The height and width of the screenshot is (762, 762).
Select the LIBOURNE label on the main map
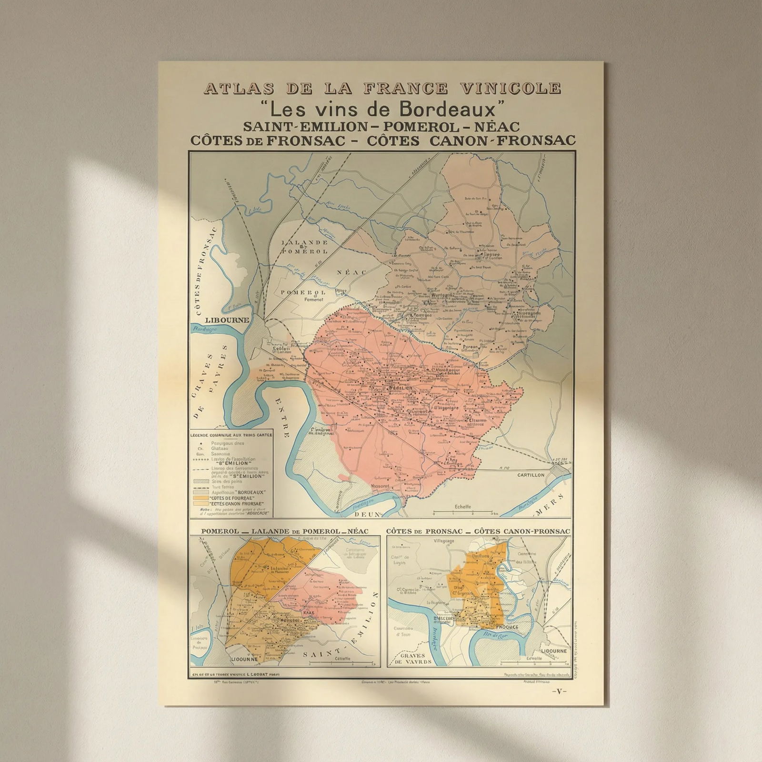227,320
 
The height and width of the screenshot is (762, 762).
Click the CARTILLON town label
531,475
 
